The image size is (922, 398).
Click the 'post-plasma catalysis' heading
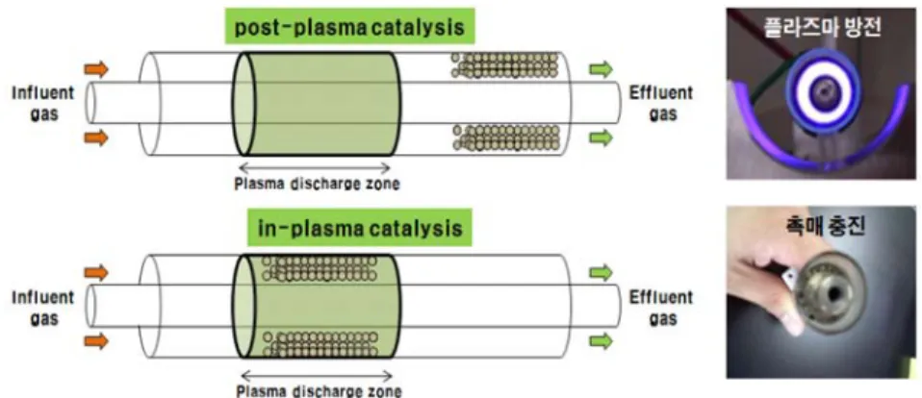click(x=348, y=28)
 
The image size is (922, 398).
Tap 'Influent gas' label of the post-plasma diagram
click(x=43, y=103)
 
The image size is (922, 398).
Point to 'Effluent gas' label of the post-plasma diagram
click(x=661, y=103)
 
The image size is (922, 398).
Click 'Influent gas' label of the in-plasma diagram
click(x=43, y=307)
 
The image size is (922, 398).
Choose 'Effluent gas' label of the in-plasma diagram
click(x=661, y=307)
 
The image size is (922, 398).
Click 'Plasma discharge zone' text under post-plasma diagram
click(x=317, y=184)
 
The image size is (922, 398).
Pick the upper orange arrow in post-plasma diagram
click(x=96, y=69)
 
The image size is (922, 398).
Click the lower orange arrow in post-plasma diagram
click(x=96, y=137)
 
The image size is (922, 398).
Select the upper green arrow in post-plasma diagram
click(x=601, y=69)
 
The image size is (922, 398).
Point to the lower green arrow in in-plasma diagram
click(x=601, y=341)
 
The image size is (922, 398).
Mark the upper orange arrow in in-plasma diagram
click(x=96, y=272)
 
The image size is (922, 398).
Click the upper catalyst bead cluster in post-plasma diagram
click(x=504, y=65)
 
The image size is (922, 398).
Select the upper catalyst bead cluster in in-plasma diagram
click(x=320, y=269)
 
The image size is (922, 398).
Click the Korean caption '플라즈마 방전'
click(x=823, y=28)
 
